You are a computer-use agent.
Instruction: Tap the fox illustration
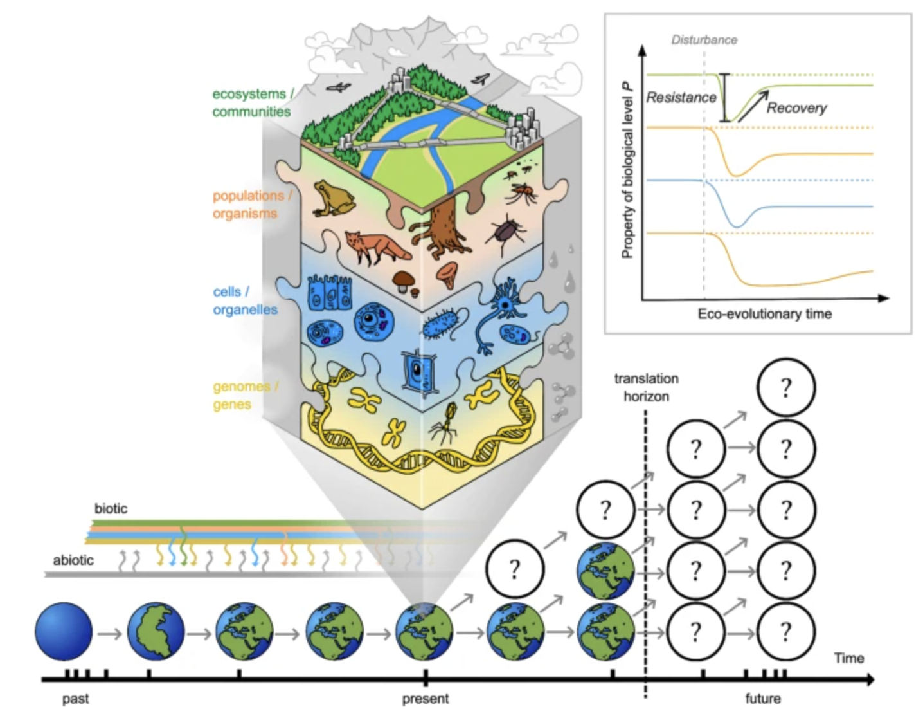tap(376, 247)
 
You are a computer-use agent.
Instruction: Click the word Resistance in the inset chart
tap(681, 98)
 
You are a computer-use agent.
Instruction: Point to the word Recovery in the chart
tap(796, 107)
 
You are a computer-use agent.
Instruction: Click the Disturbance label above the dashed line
tap(704, 40)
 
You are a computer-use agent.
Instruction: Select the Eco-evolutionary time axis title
tap(764, 314)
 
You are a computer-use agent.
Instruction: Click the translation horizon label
tap(646, 387)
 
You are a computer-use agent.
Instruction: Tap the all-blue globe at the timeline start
tap(64, 632)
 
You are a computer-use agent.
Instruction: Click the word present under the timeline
tap(425, 699)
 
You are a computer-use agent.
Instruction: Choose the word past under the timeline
tap(75, 699)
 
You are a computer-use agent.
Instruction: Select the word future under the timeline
tap(763, 699)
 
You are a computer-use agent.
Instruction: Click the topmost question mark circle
tap(785, 388)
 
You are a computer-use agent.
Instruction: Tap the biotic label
tap(111, 509)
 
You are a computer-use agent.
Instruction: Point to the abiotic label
tap(73, 560)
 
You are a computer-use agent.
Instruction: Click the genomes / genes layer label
tap(245, 396)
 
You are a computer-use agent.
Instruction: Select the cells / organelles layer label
tap(245, 300)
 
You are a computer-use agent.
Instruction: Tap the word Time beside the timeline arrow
tap(848, 658)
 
